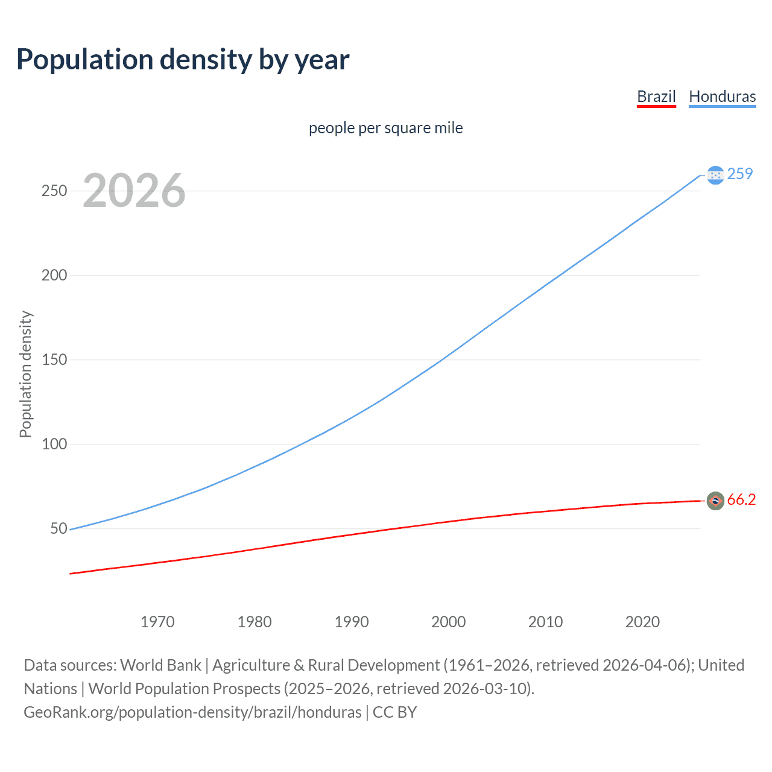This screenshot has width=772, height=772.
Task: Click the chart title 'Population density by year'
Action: [x=183, y=60]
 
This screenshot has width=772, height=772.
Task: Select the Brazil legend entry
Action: [x=656, y=96]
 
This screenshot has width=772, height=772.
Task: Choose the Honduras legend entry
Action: [x=722, y=96]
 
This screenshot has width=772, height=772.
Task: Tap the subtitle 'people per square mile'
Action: [x=385, y=128]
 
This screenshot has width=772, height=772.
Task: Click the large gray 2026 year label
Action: [x=134, y=191]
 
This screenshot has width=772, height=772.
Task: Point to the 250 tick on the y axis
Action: [x=54, y=191]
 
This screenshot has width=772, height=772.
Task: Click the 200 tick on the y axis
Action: [x=54, y=275]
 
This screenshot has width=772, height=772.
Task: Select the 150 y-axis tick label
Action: [x=54, y=359]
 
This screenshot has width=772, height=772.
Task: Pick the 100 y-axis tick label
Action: [x=54, y=444]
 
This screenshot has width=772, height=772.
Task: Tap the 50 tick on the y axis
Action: [x=59, y=528]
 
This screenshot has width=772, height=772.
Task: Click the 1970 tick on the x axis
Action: [x=157, y=622]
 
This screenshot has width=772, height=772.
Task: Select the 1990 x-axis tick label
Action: [x=352, y=622]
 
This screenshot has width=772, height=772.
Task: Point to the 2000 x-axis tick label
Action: [x=448, y=622]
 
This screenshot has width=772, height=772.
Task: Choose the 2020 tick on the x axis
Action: [x=642, y=622]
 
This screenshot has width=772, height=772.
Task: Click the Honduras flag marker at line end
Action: [x=715, y=175]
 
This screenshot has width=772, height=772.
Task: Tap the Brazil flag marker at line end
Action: [x=715, y=501]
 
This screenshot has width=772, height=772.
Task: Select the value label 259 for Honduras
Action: [x=740, y=174]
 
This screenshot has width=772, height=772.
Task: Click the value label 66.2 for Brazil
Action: [x=741, y=500]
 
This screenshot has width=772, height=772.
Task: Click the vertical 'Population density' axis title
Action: [x=25, y=374]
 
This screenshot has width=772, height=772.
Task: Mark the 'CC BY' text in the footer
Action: [x=394, y=712]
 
